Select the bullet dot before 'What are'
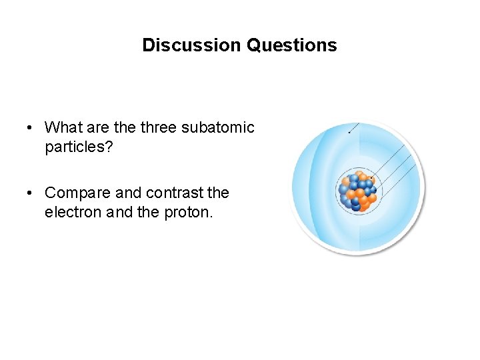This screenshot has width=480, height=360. tap(31, 127)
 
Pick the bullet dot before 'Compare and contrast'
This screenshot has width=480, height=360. tap(31, 193)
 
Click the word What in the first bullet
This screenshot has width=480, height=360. tap(63, 127)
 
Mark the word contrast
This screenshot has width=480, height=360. tap(174, 193)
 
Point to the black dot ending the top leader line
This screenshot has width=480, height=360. tap(349, 132)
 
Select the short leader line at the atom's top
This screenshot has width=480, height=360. tap(354, 128)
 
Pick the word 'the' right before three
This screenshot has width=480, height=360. tap(125, 127)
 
